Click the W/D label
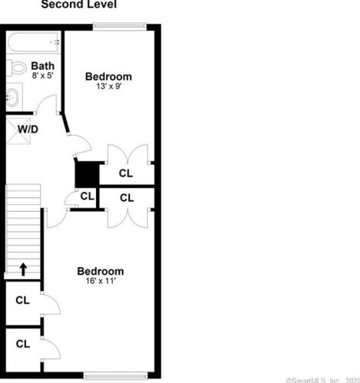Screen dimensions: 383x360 (x=28, y=129)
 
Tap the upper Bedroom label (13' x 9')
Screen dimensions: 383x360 (x=108, y=76)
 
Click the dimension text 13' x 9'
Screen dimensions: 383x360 (x=108, y=87)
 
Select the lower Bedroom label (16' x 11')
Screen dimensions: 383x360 (x=100, y=272)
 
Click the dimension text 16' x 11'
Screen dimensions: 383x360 (x=100, y=282)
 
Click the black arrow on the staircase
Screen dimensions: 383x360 (x=23, y=269)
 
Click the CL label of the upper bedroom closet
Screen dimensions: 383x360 (x=126, y=174)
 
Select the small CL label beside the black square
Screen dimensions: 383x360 (x=87, y=196)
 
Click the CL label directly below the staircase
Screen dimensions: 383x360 (x=22, y=300)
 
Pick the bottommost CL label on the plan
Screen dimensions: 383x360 (x=22, y=344)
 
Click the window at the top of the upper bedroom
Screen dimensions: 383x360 (x=119, y=28)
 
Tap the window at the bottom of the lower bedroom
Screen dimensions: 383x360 (x=115, y=376)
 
